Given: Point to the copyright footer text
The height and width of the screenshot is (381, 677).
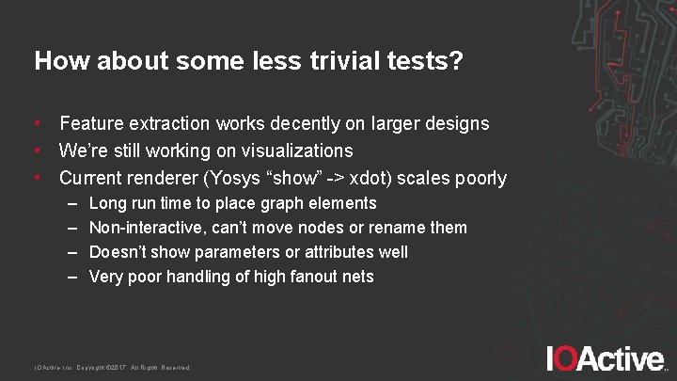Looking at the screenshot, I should tap(112, 367).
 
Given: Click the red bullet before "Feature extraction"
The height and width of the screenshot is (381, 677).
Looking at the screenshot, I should tap(38, 123).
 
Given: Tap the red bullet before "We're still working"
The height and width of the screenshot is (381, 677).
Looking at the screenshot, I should tap(38, 151).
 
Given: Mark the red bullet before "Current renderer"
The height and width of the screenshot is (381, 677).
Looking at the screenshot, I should tap(38, 178).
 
